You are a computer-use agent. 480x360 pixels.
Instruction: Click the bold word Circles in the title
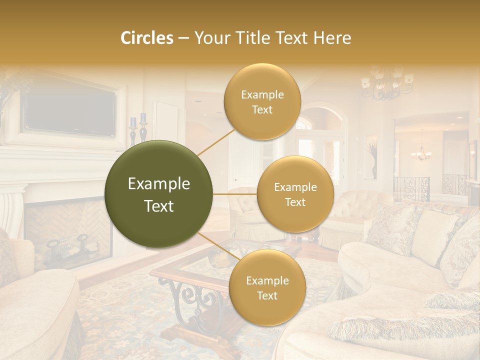point(147,38)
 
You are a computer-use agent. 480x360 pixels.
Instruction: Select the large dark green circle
point(159,194)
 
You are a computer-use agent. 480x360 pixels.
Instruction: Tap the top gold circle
point(262,102)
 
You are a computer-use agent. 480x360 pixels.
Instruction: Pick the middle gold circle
point(295,194)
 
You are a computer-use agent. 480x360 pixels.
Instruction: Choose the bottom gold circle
point(267,288)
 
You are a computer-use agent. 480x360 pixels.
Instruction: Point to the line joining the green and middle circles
point(235,194)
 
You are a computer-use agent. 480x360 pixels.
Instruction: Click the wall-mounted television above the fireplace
point(70,113)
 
